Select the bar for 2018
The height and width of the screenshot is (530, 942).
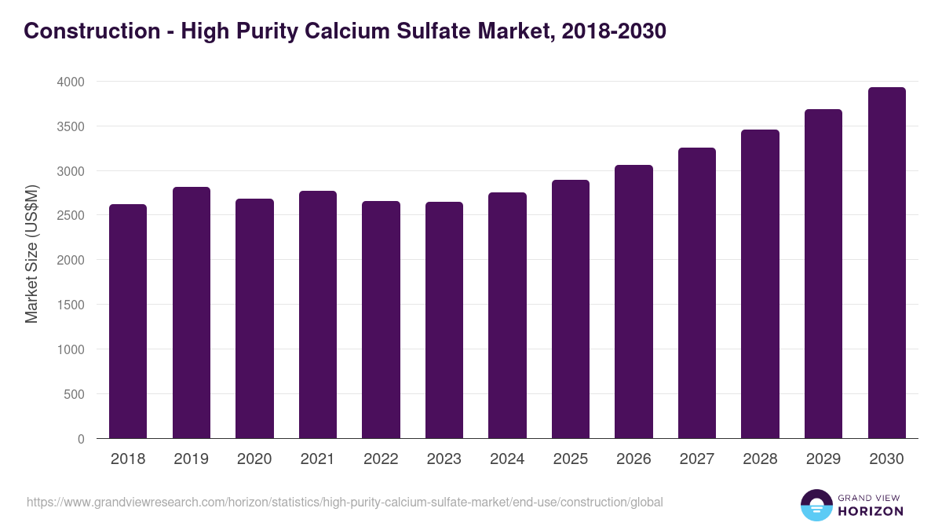pyautogui.click(x=128, y=321)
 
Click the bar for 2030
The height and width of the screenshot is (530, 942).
pyautogui.click(x=886, y=263)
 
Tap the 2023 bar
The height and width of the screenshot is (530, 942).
pyautogui.click(x=444, y=320)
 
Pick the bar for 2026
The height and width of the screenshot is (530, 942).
pyautogui.click(x=633, y=302)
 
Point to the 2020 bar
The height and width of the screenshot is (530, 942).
pyautogui.click(x=254, y=319)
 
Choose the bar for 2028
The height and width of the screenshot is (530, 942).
pyautogui.click(x=760, y=284)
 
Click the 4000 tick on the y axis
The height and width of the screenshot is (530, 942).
pyautogui.click(x=68, y=82)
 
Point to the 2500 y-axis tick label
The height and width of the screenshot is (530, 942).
pyautogui.click(x=68, y=215)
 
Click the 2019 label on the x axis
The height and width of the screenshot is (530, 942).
pyautogui.click(x=191, y=459)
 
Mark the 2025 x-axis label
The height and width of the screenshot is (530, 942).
pyautogui.click(x=570, y=459)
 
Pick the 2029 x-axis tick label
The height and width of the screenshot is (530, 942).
pyautogui.click(x=823, y=459)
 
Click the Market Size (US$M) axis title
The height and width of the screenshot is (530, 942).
pyautogui.click(x=32, y=253)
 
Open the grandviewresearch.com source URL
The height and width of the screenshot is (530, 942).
pyautogui.click(x=345, y=502)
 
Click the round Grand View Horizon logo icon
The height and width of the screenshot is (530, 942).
pyautogui.click(x=816, y=505)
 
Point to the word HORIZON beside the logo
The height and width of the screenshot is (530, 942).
pyautogui.click(x=871, y=511)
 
